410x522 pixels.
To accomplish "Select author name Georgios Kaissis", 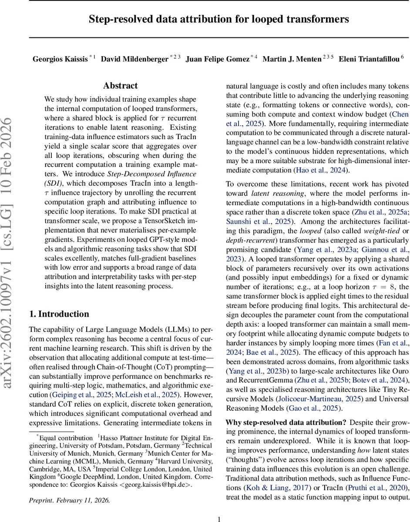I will (60, 59).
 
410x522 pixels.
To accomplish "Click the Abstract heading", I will (121, 86).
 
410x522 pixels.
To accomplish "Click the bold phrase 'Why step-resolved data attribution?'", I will (286, 422).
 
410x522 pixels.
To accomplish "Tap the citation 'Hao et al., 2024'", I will (319, 170).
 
